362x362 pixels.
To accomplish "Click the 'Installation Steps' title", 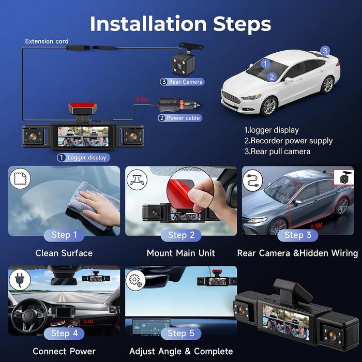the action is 180,24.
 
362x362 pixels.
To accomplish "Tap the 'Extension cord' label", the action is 47,41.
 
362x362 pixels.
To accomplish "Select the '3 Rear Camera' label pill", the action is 182,82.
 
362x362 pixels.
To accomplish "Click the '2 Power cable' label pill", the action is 180,118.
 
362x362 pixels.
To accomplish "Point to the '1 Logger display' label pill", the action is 83,158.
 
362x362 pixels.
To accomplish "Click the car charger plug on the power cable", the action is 179,103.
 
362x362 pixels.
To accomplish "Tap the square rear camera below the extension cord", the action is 184,64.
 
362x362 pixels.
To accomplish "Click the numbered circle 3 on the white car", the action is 325,51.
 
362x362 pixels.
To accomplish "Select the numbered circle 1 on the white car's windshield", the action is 265,64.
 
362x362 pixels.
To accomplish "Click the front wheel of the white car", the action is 269,106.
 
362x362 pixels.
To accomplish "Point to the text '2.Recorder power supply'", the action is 289,141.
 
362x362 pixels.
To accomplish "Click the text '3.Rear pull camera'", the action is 278,152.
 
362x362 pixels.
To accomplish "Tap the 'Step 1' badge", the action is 64,235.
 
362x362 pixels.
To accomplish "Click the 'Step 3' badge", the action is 297,235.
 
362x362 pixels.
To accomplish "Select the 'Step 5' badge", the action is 181,334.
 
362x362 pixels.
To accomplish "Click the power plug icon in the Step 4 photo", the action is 20,279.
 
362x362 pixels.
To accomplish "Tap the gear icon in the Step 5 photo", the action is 135,280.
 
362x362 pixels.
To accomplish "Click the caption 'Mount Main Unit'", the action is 181,253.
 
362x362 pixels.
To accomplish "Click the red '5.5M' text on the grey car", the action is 316,226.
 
